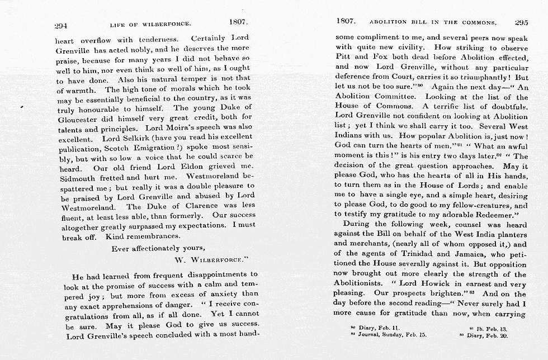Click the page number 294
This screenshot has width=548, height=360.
coord(60,25)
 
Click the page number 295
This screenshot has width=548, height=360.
coord(521,23)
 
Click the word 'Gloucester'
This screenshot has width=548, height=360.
coord(78,118)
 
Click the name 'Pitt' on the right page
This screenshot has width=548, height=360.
coord(342,57)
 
